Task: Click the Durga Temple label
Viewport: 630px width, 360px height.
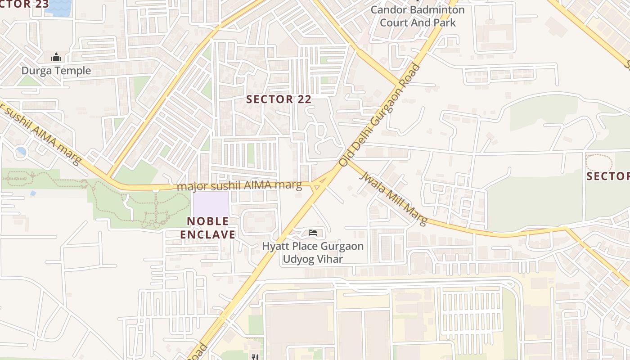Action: click(x=56, y=71)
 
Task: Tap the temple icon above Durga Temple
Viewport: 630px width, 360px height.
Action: click(x=56, y=58)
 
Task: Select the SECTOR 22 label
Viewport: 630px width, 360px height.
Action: click(x=279, y=99)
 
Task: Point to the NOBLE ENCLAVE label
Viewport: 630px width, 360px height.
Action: click(x=208, y=228)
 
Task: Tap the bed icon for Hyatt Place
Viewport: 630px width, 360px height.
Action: click(x=313, y=233)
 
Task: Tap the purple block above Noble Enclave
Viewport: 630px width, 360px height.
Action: click(x=211, y=204)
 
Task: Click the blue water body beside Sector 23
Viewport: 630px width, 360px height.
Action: click(x=59, y=6)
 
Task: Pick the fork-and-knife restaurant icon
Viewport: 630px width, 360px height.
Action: click(x=255, y=357)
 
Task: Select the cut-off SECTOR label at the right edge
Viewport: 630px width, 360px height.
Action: click(x=608, y=176)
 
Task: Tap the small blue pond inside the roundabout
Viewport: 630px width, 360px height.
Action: click(x=21, y=151)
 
